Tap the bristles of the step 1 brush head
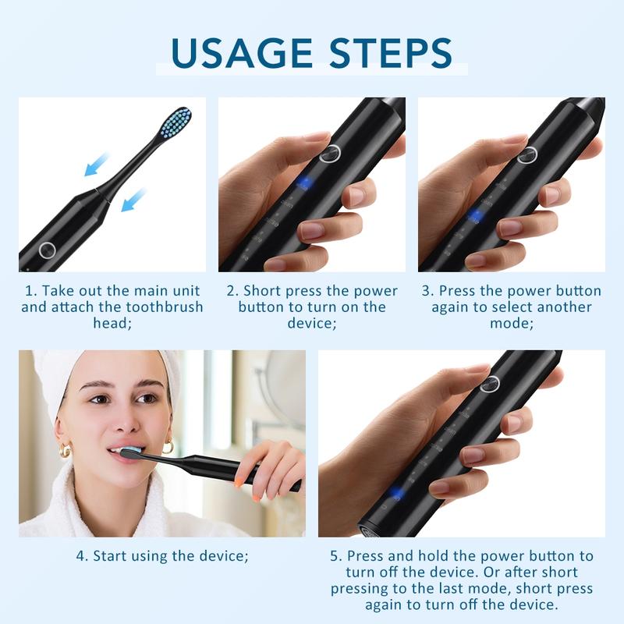click(x=175, y=123)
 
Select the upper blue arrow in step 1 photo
click(x=96, y=164)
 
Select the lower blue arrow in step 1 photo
click(x=133, y=200)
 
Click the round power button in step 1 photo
click(x=47, y=250)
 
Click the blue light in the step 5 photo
click(x=397, y=493)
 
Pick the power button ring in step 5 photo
click(x=490, y=383)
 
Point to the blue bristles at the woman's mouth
click(x=129, y=452)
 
